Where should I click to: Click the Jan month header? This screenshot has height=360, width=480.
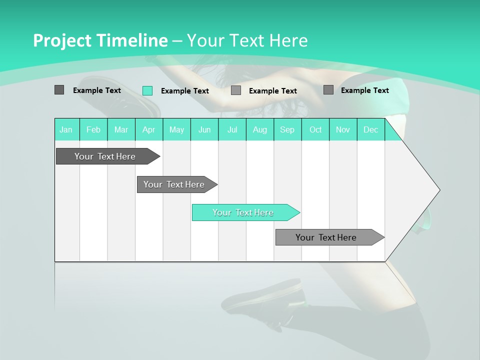(66, 129)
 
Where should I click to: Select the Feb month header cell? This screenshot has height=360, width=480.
(93, 129)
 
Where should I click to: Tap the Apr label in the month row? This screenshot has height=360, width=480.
(149, 129)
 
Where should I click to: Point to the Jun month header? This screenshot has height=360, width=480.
(204, 129)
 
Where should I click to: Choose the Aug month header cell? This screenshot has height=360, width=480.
(260, 129)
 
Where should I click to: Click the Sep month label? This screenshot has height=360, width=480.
(287, 129)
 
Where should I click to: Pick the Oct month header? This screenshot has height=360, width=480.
(315, 129)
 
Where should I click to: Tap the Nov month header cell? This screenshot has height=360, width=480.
(343, 129)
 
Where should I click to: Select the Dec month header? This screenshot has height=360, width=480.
(371, 129)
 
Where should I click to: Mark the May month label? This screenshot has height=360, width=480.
(176, 129)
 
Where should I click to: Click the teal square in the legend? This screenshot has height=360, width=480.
(147, 90)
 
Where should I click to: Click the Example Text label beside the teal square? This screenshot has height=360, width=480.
(184, 91)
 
